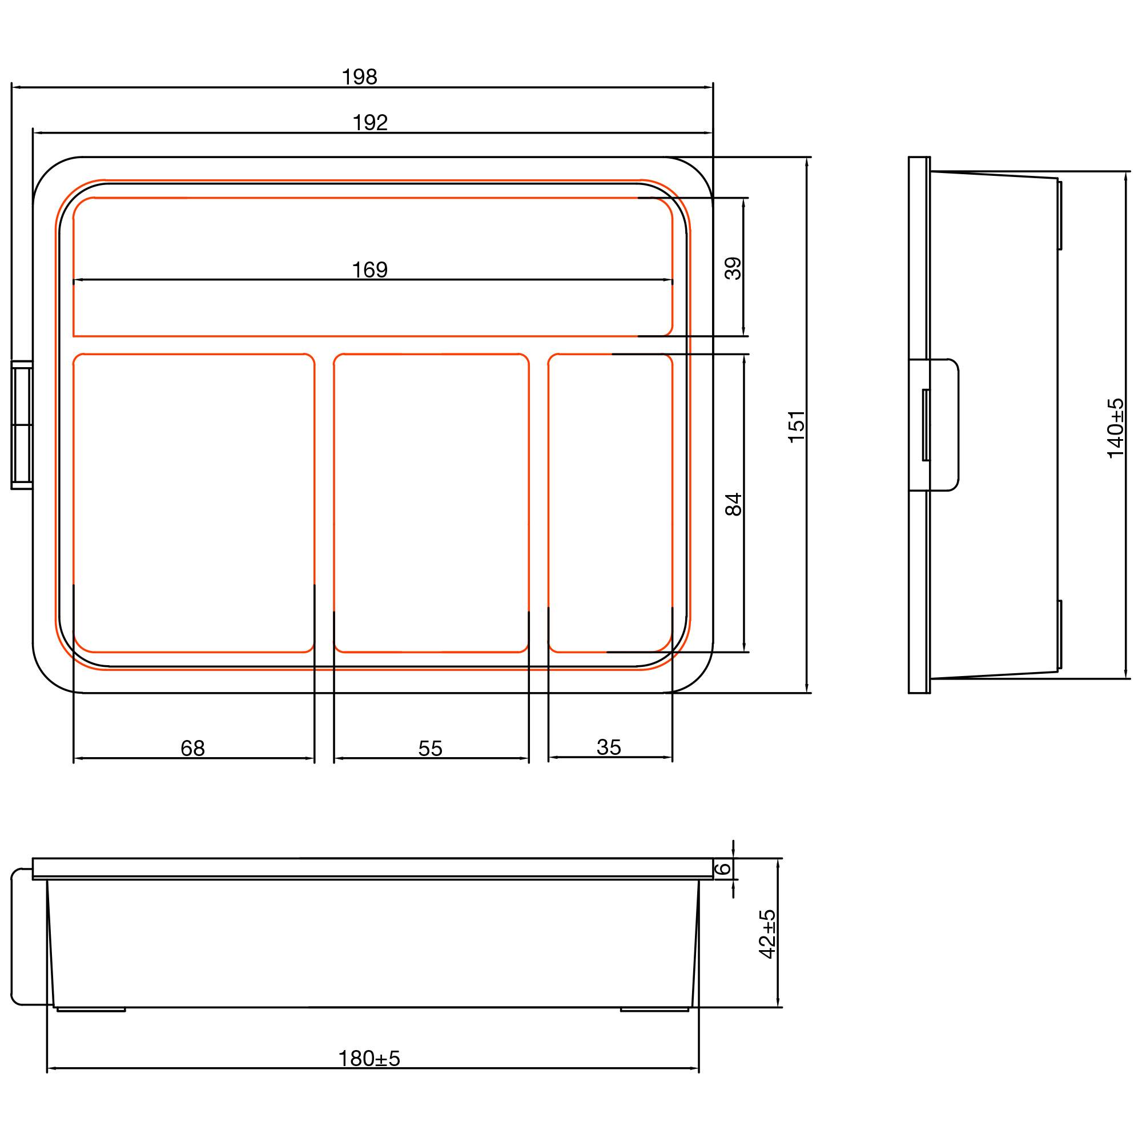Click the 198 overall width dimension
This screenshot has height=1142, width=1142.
[x=359, y=78]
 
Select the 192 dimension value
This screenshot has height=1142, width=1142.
[x=370, y=123]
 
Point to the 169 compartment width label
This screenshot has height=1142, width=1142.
[x=369, y=270]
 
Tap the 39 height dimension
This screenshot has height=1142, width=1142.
[x=733, y=268]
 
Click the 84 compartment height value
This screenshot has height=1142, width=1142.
[x=734, y=504]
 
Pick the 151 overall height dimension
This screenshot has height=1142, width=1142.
[x=797, y=426]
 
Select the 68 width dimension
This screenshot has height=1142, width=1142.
[x=192, y=749]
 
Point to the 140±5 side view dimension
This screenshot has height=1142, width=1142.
[x=1115, y=428]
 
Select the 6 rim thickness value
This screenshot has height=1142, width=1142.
[x=723, y=868]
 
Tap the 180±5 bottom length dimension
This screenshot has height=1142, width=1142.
[x=369, y=1059]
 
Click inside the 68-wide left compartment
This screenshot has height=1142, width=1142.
[x=194, y=502]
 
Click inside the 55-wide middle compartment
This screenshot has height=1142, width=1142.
[x=431, y=502]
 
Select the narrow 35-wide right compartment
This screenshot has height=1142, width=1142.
[x=610, y=502]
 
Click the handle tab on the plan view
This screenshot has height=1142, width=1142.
[x=21, y=425]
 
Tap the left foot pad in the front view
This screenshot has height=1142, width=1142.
[x=91, y=1010]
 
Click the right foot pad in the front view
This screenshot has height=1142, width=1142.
[x=654, y=1010]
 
